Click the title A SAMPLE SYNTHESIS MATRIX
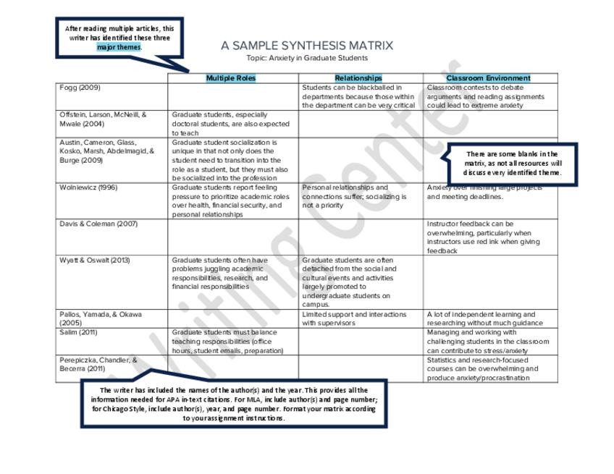[x=307, y=46]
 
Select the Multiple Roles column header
[x=231, y=78]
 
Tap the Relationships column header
[x=358, y=78]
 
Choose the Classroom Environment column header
[x=488, y=78]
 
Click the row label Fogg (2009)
[x=80, y=88]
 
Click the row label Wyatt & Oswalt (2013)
[x=95, y=260]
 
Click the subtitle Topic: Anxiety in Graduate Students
[x=307, y=58]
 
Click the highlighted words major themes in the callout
[x=119, y=47]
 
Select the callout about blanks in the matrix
[x=512, y=164]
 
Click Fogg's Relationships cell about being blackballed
[x=359, y=96]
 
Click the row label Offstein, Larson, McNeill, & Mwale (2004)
[x=103, y=119]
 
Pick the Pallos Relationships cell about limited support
[x=355, y=318]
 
